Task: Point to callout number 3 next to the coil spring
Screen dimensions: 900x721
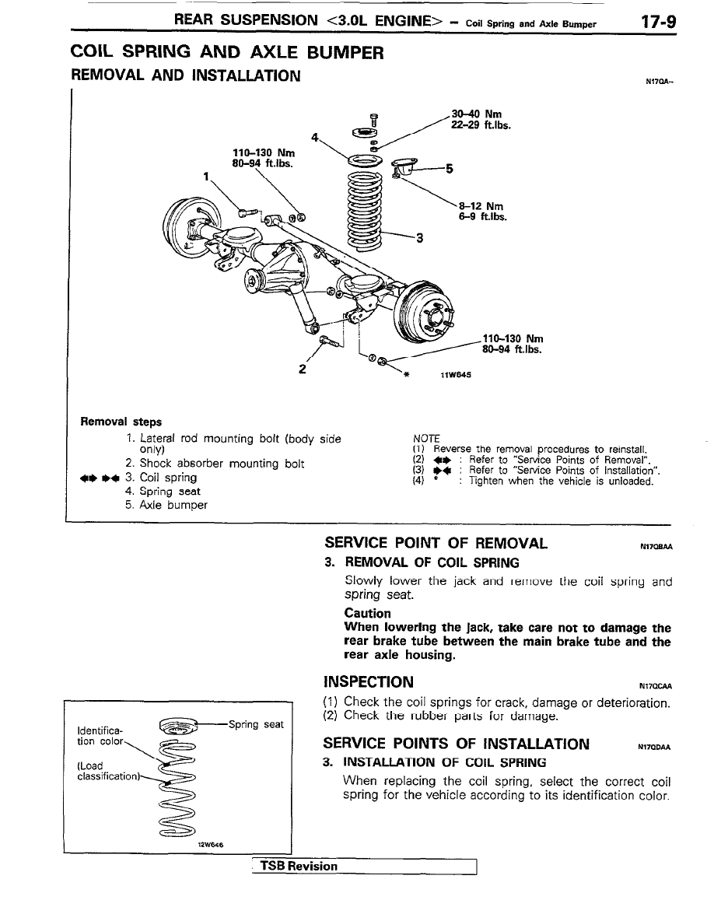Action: coord(420,239)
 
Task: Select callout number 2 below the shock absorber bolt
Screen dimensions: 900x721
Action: coord(301,369)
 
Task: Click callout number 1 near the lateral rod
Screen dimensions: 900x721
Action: coord(205,175)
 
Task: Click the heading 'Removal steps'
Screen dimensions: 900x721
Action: coord(121,422)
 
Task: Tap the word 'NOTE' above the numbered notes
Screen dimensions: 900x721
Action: coord(427,439)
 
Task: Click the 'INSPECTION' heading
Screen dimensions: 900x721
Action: coord(369,682)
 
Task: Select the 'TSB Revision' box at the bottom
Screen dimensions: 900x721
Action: coord(299,867)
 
